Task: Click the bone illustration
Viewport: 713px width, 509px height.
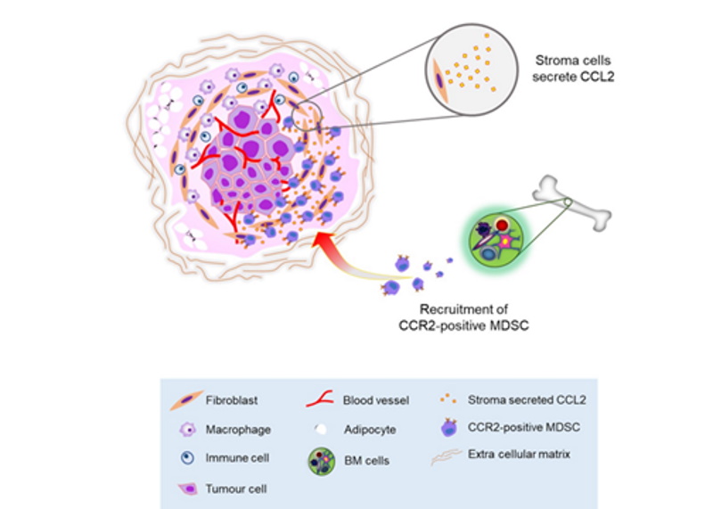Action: click(571, 203)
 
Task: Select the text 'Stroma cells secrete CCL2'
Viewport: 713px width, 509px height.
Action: click(573, 69)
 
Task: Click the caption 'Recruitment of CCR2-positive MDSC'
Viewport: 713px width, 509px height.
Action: click(463, 317)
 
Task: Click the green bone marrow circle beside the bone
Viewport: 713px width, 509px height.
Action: click(496, 240)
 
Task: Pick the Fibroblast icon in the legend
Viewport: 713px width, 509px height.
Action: click(186, 400)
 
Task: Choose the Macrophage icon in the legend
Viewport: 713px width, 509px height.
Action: click(188, 430)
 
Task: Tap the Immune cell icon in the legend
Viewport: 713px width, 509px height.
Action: click(187, 457)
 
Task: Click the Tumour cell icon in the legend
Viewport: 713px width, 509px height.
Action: click(188, 489)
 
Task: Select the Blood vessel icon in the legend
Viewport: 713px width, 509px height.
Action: click(320, 399)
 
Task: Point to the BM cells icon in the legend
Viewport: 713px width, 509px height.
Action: click(322, 461)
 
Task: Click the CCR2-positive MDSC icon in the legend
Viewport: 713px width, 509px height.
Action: click(449, 428)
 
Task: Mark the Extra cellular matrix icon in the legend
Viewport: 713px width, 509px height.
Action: click(447, 457)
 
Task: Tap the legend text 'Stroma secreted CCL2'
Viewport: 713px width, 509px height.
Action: click(527, 400)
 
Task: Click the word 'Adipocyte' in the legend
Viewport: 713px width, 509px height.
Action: click(370, 430)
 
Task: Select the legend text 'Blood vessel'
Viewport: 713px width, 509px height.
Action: click(375, 400)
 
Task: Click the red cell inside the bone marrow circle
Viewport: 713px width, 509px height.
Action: click(502, 225)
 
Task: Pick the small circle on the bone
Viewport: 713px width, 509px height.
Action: click(568, 201)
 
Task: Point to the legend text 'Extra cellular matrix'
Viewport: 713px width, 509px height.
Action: click(519, 454)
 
